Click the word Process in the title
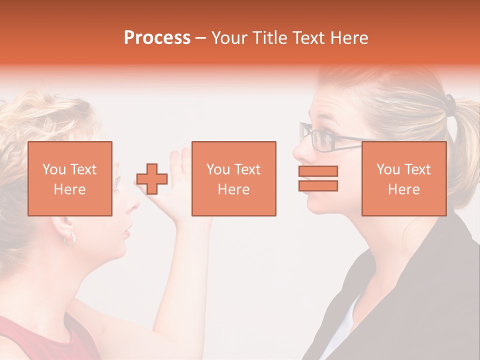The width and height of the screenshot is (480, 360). point(157,38)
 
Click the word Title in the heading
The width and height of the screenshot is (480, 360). point(268,38)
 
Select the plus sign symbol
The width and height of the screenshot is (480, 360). point(152,179)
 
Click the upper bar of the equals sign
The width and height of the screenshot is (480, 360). point(318,171)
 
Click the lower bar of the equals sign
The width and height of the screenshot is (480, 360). point(318,185)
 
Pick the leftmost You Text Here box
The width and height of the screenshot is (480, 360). point(70,178)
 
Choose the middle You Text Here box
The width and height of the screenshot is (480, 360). point(233,178)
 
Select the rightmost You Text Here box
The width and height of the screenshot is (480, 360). point(404,178)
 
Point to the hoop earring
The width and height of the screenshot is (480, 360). point(69,239)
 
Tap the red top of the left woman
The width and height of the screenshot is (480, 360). point(45,340)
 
